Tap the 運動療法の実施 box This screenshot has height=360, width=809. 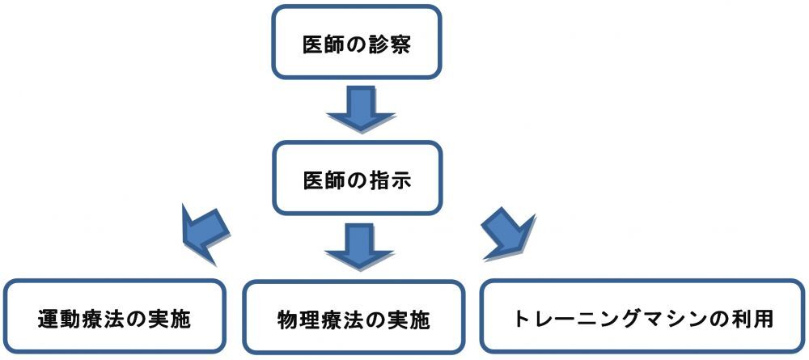tap(113, 317)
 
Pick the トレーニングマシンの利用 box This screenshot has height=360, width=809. tap(644, 317)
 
